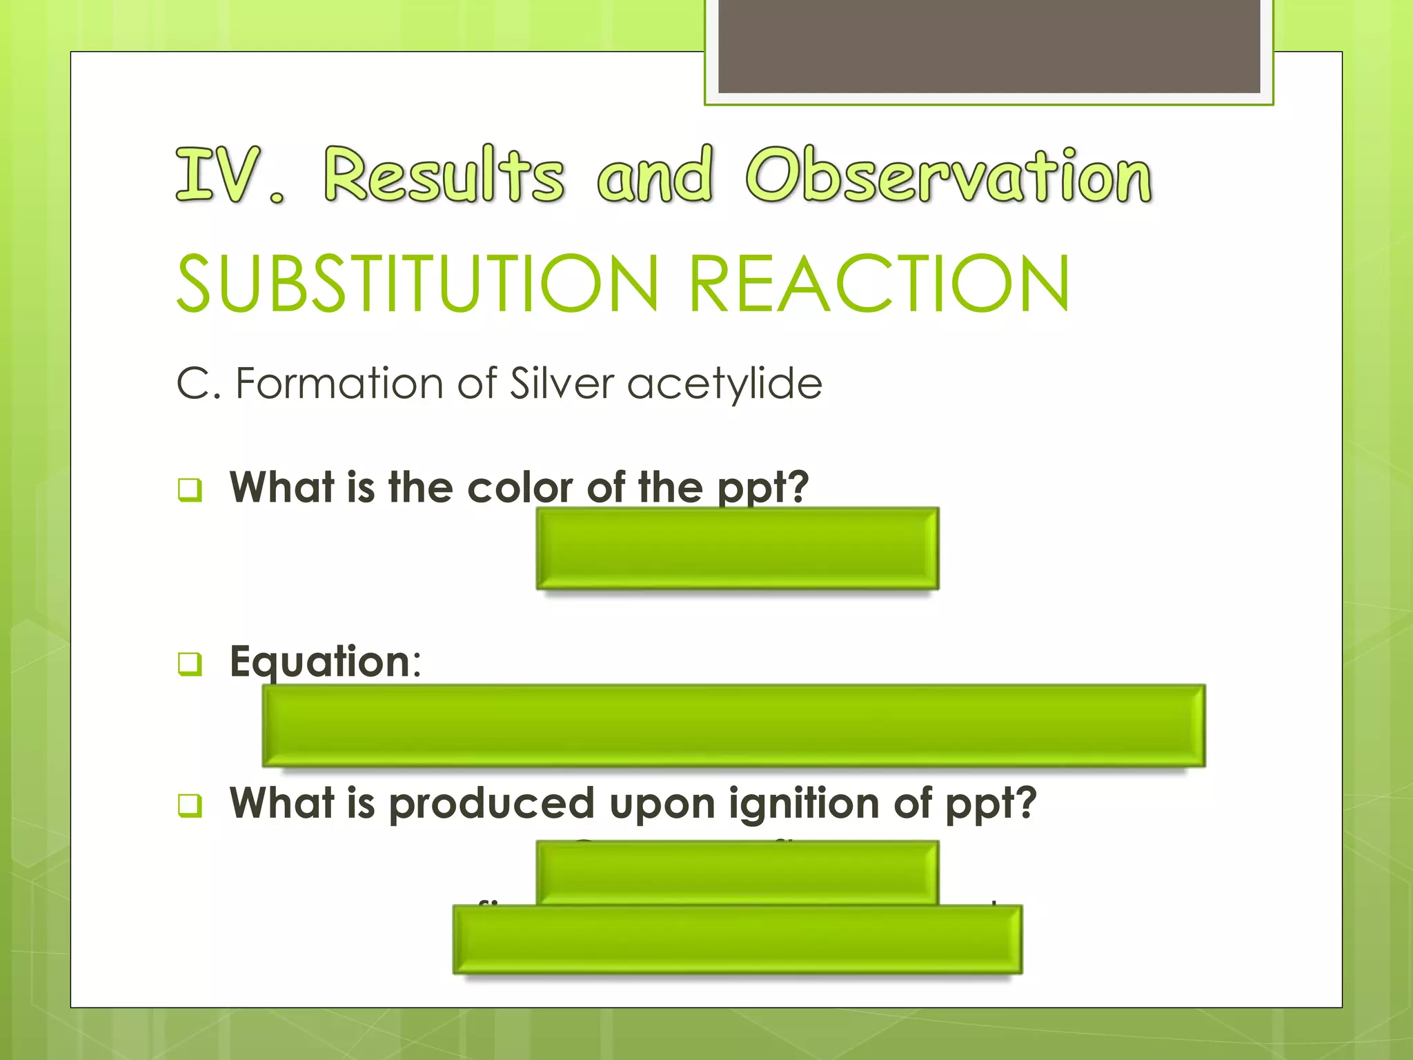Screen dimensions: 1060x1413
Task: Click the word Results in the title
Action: (444, 175)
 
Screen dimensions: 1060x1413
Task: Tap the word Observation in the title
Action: (949, 175)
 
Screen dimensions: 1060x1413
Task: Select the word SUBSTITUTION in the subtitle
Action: (418, 284)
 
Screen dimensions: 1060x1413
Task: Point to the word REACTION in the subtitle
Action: (879, 284)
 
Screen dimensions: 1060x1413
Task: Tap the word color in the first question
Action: (520, 488)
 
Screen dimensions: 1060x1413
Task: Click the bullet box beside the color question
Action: (190, 489)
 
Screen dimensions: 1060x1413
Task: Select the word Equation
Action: (321, 662)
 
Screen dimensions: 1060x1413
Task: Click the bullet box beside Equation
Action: (190, 664)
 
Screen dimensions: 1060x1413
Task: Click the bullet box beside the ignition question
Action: (190, 805)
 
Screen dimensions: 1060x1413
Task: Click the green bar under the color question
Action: (737, 548)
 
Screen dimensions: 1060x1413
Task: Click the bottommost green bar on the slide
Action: (737, 940)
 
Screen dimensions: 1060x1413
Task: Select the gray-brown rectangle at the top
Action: (989, 46)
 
